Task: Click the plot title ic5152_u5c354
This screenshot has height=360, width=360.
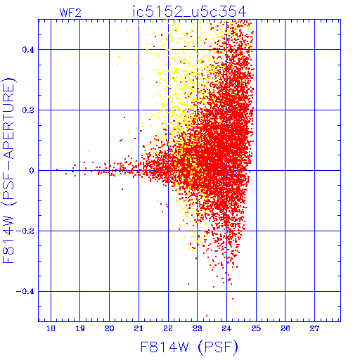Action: click(x=189, y=12)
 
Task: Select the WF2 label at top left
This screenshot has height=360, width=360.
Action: click(x=70, y=13)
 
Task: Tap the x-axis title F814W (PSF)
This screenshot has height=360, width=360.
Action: click(x=189, y=347)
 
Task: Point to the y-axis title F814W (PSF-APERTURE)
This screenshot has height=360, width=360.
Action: click(x=8, y=170)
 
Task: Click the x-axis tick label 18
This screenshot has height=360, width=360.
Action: click(x=51, y=328)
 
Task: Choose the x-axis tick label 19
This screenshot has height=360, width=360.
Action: click(x=80, y=328)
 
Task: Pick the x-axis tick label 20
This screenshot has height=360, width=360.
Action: click(x=109, y=328)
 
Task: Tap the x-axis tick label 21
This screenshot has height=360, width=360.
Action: click(x=139, y=328)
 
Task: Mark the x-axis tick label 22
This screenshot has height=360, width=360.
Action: click(x=168, y=328)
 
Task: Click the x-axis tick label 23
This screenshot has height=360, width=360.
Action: click(x=198, y=328)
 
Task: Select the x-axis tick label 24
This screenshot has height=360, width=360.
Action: click(x=226, y=328)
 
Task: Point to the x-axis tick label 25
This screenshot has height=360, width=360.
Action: click(x=256, y=328)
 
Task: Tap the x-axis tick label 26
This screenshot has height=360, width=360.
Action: click(x=285, y=328)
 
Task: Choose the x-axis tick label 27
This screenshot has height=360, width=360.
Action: click(x=314, y=328)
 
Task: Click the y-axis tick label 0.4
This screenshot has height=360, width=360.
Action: click(x=28, y=50)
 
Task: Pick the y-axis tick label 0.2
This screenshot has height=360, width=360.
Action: click(x=28, y=110)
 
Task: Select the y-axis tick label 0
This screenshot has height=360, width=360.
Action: click(x=32, y=171)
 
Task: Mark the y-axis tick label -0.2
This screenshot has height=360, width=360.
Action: click(x=25, y=231)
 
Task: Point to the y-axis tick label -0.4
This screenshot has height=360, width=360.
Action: click(x=25, y=292)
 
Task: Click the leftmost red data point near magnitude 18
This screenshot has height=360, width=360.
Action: click(x=57, y=169)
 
